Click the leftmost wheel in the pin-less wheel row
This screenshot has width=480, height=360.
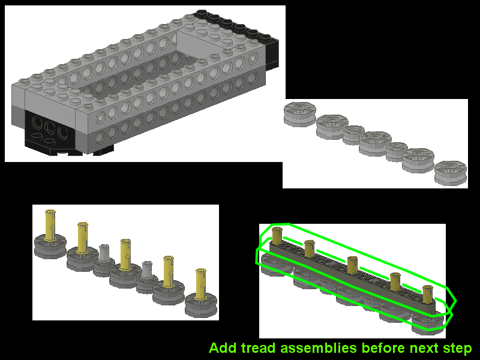tap(299, 114)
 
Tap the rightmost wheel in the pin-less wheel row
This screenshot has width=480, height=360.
tap(451, 173)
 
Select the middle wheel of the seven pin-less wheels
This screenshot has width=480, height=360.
tap(375, 143)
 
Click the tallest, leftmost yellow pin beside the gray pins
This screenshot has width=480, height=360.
tap(50, 226)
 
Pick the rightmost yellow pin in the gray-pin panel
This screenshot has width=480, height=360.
tap(200, 284)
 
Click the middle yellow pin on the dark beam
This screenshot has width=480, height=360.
tap(352, 265)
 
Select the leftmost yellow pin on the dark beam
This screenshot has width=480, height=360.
tap(277, 236)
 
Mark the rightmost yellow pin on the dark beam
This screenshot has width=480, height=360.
tap(427, 294)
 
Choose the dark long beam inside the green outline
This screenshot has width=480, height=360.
tap(352, 278)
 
